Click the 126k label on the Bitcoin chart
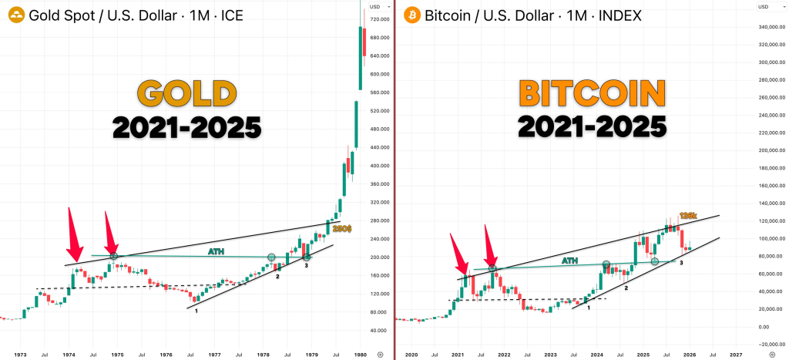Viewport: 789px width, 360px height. (688, 216)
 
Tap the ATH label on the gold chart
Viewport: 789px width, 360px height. (215, 251)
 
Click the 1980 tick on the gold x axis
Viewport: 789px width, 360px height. (360, 355)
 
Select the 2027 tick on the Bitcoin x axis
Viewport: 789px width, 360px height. (735, 355)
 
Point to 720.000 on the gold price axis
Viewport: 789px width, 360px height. (379, 19)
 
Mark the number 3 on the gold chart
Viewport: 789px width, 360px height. (306, 266)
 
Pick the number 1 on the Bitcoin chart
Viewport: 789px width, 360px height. (589, 308)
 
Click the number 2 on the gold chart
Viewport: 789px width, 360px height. (277, 276)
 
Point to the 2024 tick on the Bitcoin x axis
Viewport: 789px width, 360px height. (596, 355)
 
